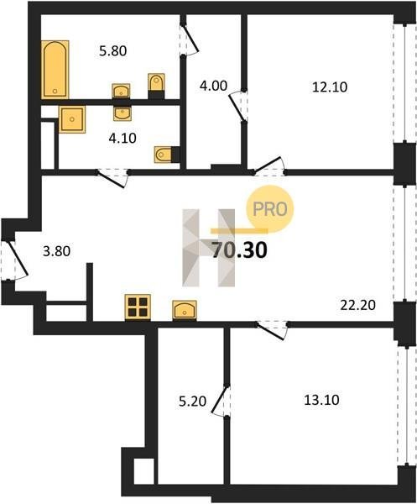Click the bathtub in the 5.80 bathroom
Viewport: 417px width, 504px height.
(x=55, y=70)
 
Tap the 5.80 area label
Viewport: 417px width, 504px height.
(x=113, y=50)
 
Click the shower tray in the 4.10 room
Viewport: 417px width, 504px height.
(x=72, y=119)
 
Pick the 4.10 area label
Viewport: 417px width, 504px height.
(x=122, y=139)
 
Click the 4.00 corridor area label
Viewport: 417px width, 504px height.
(x=213, y=86)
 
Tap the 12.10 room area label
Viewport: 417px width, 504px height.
(x=330, y=87)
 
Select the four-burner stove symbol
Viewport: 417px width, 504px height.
(x=138, y=307)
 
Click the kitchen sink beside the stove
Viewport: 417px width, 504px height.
(x=185, y=311)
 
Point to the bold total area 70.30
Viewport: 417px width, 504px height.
(x=239, y=250)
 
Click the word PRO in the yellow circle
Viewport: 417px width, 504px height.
(x=270, y=209)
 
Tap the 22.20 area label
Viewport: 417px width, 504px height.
(x=358, y=305)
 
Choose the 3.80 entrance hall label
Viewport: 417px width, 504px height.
(x=57, y=251)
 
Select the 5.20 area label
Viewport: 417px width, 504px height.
(x=193, y=402)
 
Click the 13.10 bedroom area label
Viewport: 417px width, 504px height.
(x=321, y=400)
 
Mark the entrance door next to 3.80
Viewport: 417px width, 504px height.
(x=15, y=260)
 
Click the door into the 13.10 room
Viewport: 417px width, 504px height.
(x=272, y=330)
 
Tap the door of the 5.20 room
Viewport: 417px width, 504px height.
(x=221, y=400)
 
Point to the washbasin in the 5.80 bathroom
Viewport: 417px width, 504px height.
(x=121, y=91)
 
